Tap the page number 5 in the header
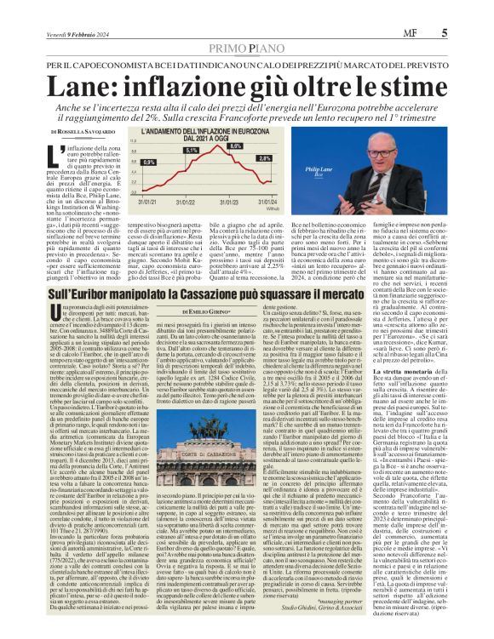coord(468,10)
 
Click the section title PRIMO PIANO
coord(246,26)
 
